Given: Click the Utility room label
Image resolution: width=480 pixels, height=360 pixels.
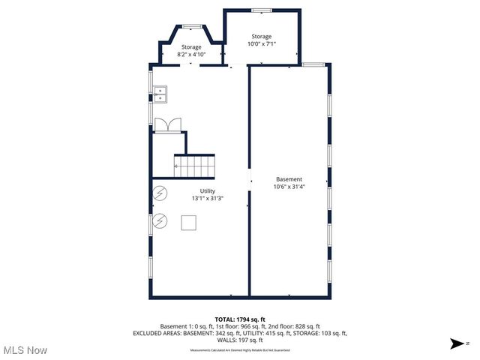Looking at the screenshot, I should pos(207,190).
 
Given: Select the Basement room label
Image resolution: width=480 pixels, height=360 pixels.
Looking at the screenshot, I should pos(289,179).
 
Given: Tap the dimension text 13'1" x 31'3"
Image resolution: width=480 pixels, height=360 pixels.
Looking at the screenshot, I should pos(207,198).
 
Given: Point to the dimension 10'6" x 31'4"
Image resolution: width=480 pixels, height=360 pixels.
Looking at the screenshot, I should pos(289,187).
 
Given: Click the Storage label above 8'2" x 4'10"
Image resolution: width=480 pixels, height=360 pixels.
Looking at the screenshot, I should pos(190,47).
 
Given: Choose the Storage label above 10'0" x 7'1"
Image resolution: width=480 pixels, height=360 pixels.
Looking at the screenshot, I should pos(261,36).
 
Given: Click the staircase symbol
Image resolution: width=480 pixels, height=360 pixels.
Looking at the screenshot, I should pos(194,166).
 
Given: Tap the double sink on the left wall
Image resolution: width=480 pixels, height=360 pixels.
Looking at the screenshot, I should pos(161,94).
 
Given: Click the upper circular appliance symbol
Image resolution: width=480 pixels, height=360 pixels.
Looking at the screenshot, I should pos(160,193).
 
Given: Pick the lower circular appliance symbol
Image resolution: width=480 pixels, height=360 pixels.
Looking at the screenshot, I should pos(160,221).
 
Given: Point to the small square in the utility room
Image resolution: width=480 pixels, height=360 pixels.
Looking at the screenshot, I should pos(189,223).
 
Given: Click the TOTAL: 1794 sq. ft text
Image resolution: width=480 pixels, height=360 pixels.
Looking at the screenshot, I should pos(239,319).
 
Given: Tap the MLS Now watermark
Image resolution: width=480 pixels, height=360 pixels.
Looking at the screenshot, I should pos(25,350).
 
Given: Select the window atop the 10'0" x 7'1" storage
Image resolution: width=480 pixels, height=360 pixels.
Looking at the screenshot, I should pos(261,10).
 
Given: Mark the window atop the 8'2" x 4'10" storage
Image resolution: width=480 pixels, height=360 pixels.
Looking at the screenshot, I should pos(190,27).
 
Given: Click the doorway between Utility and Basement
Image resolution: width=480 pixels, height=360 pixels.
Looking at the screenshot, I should pos(249,181).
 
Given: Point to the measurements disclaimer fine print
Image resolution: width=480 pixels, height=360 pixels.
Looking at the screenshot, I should pos(239,350).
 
